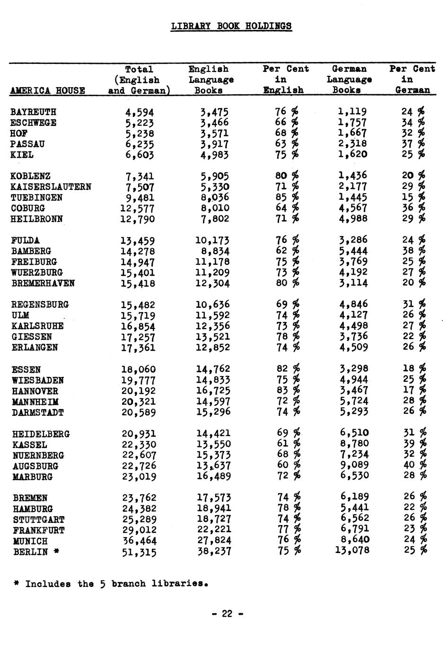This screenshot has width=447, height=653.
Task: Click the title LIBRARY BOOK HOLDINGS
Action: [231, 26]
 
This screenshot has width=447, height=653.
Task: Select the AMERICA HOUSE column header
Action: [47, 90]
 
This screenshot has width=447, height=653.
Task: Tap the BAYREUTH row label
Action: [33, 112]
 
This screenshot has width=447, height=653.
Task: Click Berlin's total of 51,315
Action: [139, 552]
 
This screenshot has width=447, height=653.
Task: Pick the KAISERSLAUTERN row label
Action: [51, 187]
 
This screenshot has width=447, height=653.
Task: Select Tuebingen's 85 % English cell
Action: [287, 197]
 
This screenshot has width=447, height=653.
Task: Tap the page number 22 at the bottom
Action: [227, 614]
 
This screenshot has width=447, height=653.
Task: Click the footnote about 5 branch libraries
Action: [111, 584]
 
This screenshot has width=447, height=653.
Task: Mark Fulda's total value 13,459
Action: [137, 241]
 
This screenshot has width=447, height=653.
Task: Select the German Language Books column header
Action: [349, 79]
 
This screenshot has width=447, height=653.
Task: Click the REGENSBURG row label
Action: [40, 304]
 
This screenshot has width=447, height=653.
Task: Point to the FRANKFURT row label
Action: [39, 530]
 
